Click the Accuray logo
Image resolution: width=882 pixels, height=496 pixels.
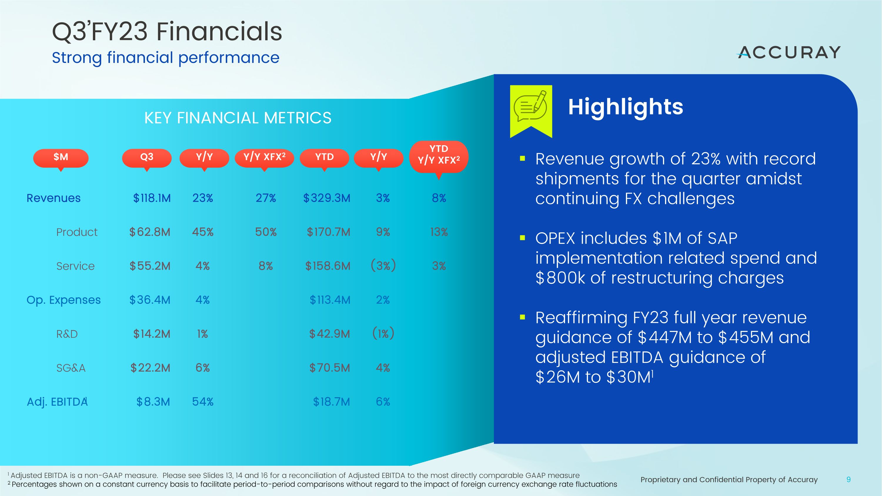click(789, 52)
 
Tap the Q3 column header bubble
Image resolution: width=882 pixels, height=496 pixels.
click(146, 158)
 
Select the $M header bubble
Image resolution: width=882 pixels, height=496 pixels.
click(61, 158)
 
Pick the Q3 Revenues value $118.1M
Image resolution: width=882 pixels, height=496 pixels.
click(152, 198)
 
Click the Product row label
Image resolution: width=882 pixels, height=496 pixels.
click(77, 232)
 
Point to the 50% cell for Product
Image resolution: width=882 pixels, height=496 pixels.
click(266, 232)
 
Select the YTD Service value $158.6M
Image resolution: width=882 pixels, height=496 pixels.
click(328, 266)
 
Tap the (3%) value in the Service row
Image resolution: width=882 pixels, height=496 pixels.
click(383, 265)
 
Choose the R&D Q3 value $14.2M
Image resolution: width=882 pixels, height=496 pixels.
click(152, 334)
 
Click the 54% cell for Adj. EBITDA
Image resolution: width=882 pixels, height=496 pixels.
click(203, 402)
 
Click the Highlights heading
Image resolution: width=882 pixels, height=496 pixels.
click(625, 107)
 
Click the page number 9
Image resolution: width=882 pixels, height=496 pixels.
click(848, 480)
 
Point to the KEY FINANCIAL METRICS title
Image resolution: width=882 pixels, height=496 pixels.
click(238, 118)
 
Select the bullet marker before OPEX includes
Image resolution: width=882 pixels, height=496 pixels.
click(522, 238)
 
